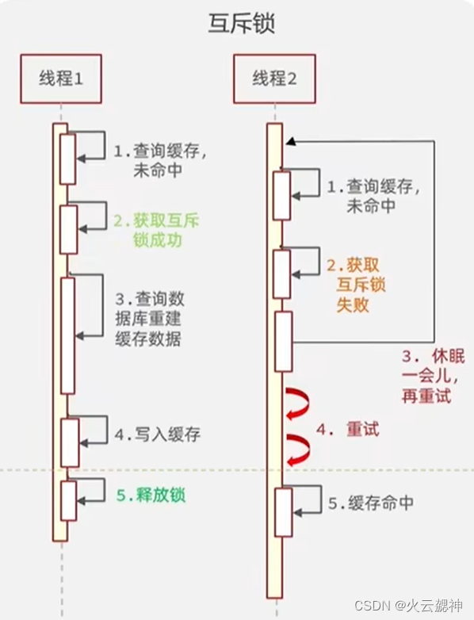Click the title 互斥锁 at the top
(x=237, y=25)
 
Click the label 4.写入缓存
(x=157, y=434)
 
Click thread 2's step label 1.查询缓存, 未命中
(x=373, y=197)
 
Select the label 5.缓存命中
(x=370, y=503)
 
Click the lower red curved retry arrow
(x=299, y=450)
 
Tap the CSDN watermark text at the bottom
(x=407, y=607)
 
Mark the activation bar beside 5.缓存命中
(x=282, y=511)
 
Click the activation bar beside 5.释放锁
(x=68, y=500)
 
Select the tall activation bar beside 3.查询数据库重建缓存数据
(x=68, y=335)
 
